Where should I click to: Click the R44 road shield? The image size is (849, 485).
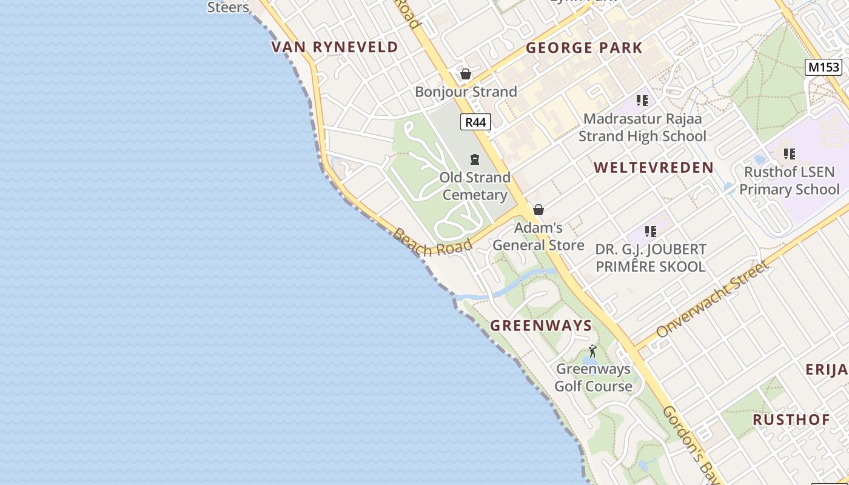pyautogui.click(x=475, y=122)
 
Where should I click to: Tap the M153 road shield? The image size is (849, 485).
pyautogui.click(x=824, y=67)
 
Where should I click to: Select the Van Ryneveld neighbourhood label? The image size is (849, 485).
pyautogui.click(x=335, y=47)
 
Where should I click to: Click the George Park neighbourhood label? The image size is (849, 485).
pyautogui.click(x=584, y=48)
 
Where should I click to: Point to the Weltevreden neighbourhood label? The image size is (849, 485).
pyautogui.click(x=653, y=168)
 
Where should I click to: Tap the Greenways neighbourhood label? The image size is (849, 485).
pyautogui.click(x=541, y=326)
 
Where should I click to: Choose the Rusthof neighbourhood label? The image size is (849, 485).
pyautogui.click(x=791, y=420)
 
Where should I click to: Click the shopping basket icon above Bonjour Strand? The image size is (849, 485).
pyautogui.click(x=466, y=74)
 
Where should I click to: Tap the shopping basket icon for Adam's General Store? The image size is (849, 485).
pyautogui.click(x=538, y=210)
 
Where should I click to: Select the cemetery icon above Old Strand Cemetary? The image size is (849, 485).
pyautogui.click(x=475, y=159)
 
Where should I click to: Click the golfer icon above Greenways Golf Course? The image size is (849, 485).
pyautogui.click(x=592, y=351)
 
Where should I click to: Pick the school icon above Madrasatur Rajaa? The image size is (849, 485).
pyautogui.click(x=642, y=101)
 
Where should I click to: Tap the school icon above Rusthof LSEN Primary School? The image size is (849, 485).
pyautogui.click(x=789, y=154)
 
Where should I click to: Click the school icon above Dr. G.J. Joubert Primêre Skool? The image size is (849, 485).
pyautogui.click(x=651, y=231)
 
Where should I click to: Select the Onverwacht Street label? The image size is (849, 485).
pyautogui.click(x=712, y=299)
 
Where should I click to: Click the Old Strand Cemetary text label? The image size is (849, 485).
pyautogui.click(x=475, y=186)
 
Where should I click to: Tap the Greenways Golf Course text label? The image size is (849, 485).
pyautogui.click(x=593, y=377)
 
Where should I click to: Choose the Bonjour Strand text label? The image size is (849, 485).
pyautogui.click(x=466, y=92)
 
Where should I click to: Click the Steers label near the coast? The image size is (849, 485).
pyautogui.click(x=228, y=7)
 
